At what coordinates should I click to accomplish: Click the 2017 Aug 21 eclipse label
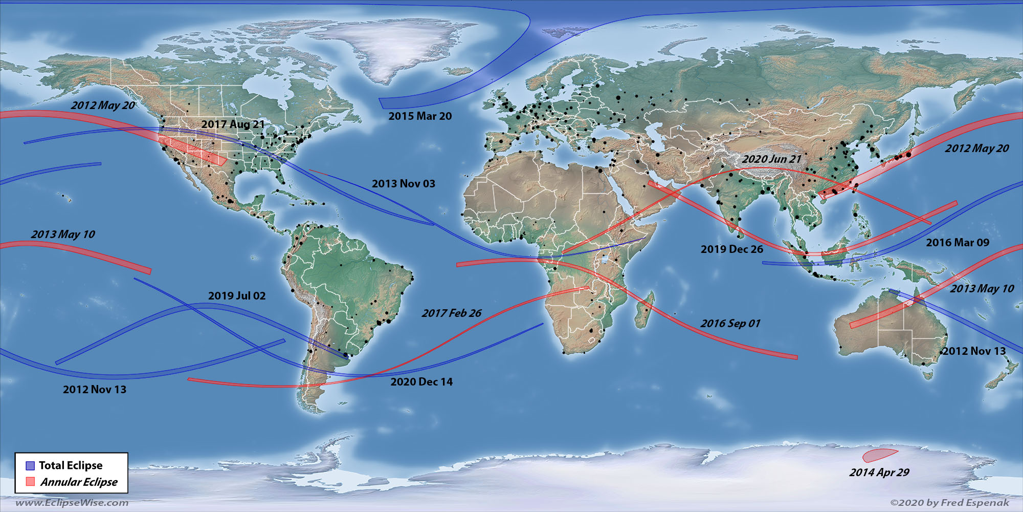[x=233, y=124]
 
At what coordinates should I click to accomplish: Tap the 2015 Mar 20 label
[x=420, y=116]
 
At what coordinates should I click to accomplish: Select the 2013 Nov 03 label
[x=404, y=184]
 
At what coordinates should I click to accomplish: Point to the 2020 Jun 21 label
[x=771, y=159]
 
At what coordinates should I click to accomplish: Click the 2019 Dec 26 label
[x=731, y=249]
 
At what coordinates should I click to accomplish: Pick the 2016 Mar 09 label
[x=958, y=243]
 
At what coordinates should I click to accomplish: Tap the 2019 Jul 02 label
[x=237, y=296]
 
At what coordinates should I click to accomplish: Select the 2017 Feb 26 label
[x=451, y=313]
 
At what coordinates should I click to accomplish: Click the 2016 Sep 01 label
[x=730, y=324]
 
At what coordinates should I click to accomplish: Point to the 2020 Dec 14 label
[x=421, y=382]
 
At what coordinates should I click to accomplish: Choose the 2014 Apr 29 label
[x=879, y=473]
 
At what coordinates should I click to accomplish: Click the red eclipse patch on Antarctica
[x=878, y=455]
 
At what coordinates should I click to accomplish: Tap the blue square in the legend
[x=30, y=465]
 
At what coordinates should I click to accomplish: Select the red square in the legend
[x=30, y=482]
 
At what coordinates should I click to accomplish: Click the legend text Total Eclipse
[x=71, y=465]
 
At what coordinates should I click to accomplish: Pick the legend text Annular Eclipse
[x=79, y=482]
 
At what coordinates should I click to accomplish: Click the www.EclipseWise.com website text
[x=72, y=503]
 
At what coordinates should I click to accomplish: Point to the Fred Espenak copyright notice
[x=950, y=503]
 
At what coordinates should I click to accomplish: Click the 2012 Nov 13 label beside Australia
[x=974, y=351]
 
